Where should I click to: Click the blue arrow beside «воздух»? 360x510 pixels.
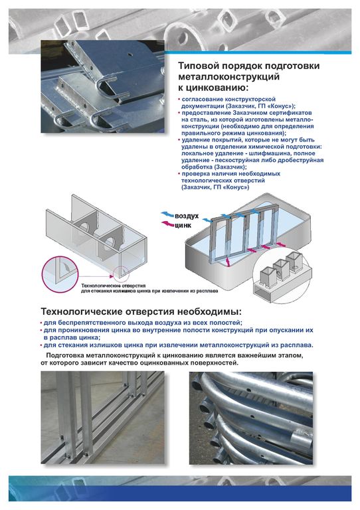click(167, 214)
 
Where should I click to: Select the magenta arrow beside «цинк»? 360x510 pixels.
click(168, 224)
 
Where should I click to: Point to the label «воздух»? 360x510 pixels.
click(187, 216)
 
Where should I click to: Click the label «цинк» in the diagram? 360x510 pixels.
click(183, 225)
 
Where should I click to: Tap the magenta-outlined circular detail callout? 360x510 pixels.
click(61, 274)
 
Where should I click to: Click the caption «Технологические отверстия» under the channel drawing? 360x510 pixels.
click(113, 286)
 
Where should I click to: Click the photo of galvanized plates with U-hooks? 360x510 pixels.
click(103, 86)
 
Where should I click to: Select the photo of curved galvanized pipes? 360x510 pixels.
click(251, 418)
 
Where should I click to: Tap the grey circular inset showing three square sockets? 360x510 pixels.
click(282, 275)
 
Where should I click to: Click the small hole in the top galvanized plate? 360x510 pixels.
click(130, 54)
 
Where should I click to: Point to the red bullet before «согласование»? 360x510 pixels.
click(179, 99)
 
